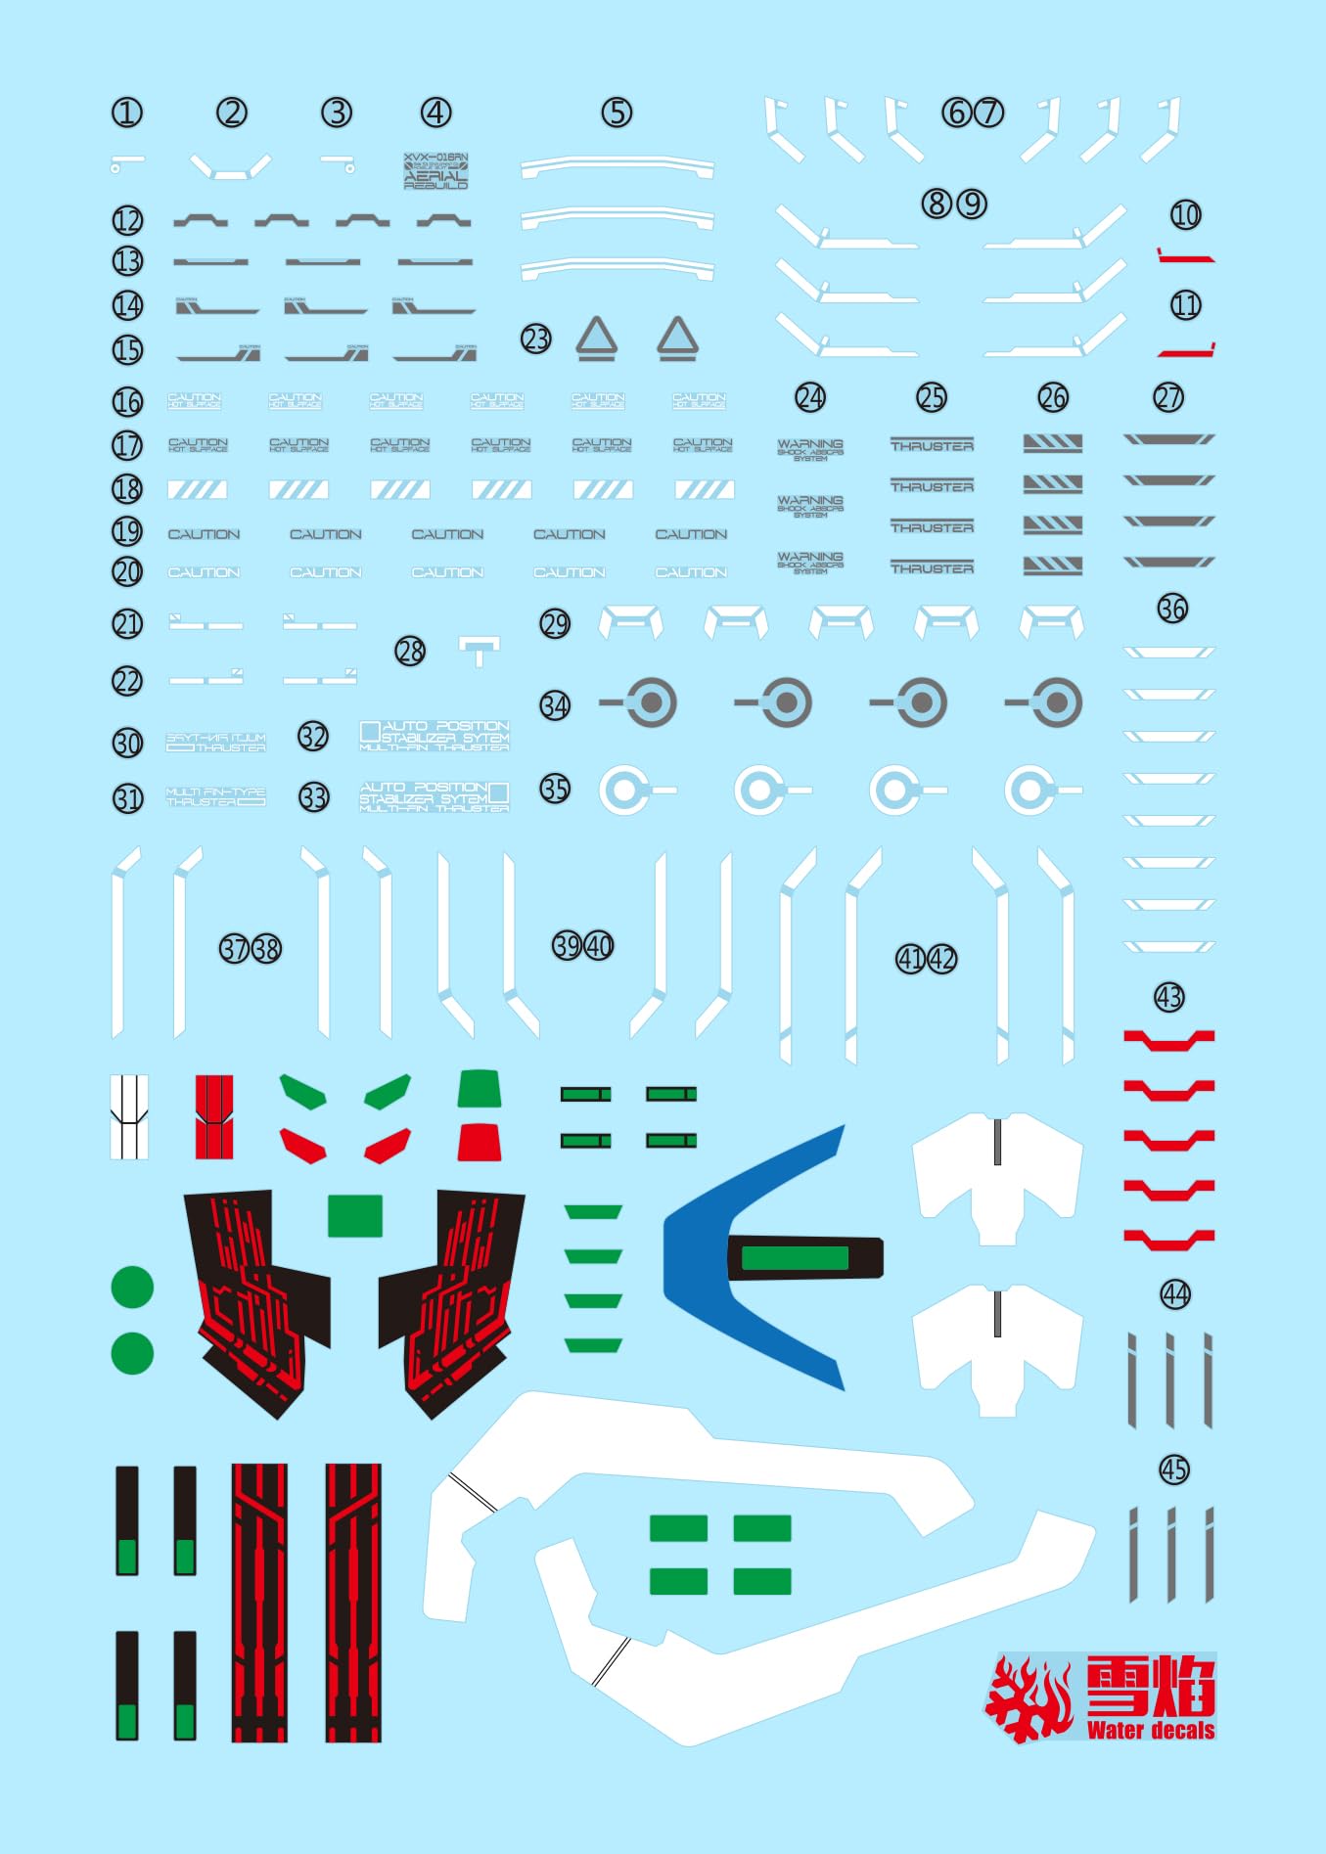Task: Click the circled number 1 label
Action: click(127, 113)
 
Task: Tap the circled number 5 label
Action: click(617, 113)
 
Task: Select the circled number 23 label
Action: click(536, 339)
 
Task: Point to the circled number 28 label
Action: click(410, 651)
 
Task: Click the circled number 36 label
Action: click(1172, 609)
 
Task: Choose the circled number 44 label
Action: click(1175, 1295)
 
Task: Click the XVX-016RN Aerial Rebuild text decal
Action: click(436, 170)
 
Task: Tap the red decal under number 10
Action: click(1186, 257)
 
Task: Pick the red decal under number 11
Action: click(1186, 350)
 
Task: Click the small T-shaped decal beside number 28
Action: click(479, 649)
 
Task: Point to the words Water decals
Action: click(1151, 1730)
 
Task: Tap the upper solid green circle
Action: click(132, 1288)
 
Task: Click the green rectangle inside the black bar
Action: click(795, 1258)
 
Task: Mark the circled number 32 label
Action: click(313, 737)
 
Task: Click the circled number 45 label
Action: click(1174, 1470)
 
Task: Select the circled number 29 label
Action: click(555, 624)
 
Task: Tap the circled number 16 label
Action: click(127, 402)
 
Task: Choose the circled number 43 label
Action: click(1169, 998)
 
